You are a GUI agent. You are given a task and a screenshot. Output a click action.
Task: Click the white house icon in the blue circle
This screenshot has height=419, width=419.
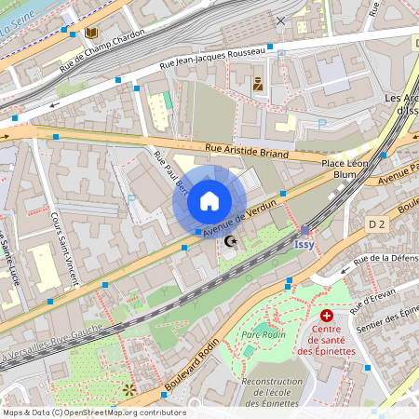209,201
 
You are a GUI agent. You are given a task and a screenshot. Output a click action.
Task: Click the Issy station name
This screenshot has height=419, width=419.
304,244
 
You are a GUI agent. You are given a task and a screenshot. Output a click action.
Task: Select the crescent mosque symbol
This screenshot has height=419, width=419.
231,242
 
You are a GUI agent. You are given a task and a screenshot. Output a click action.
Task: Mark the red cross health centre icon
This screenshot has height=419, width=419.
326,317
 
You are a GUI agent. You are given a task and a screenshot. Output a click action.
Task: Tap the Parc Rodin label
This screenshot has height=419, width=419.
263,334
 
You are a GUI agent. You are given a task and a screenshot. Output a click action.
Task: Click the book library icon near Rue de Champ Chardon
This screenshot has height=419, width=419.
91,34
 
